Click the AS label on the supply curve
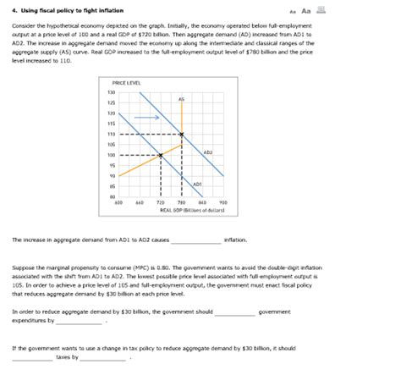coord(181,100)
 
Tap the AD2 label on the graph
coord(207,152)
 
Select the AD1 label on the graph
coord(196,183)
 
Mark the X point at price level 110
coord(182,134)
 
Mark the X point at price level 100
coord(161,155)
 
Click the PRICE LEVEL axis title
coord(126,82)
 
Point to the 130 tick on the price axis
coord(111,91)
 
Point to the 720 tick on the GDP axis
coord(161,203)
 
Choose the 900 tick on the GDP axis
coord(223,203)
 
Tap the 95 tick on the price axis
coord(111,166)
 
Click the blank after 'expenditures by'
coord(80,322)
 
